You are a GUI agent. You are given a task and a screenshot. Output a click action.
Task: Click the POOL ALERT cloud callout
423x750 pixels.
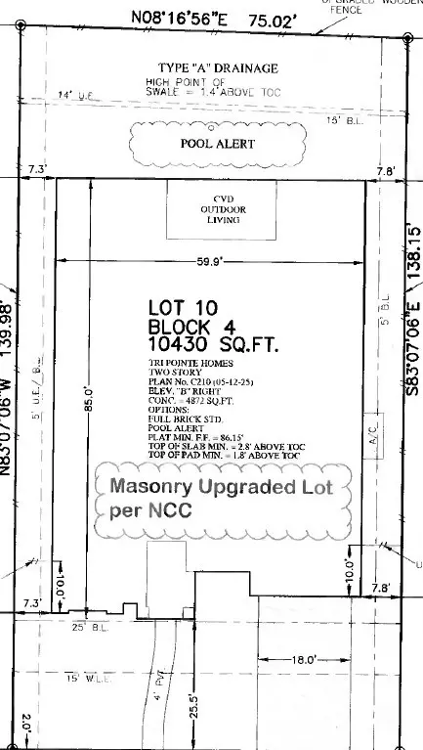(x=219, y=144)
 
